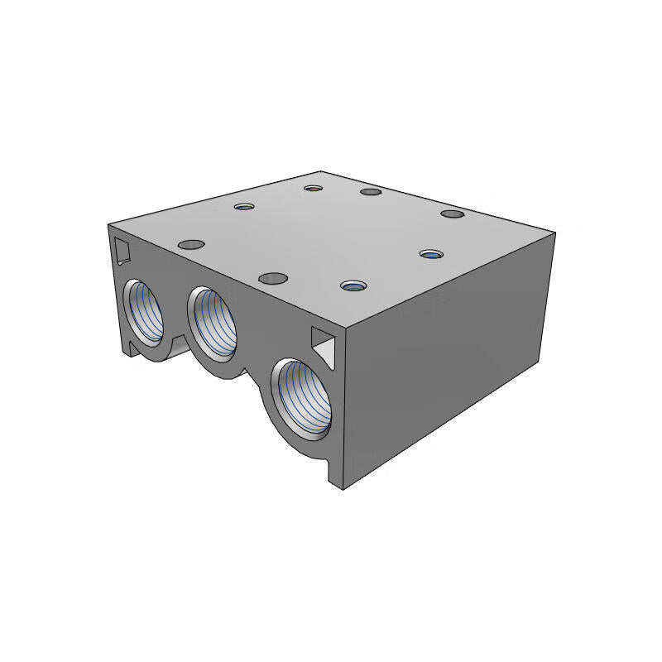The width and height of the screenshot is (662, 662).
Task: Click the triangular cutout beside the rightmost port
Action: (324, 343)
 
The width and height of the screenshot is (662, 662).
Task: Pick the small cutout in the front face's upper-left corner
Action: (122, 248)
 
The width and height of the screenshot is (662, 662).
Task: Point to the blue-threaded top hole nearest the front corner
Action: (353, 286)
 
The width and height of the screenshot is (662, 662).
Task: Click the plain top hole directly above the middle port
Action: (271, 278)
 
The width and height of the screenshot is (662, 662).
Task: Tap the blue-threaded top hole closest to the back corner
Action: (312, 188)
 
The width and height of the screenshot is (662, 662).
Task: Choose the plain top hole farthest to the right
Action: (451, 214)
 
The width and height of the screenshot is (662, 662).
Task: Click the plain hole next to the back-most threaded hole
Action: (370, 193)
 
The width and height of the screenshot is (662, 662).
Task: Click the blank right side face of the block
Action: (447, 364)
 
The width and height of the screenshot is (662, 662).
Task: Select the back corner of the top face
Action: (323, 172)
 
